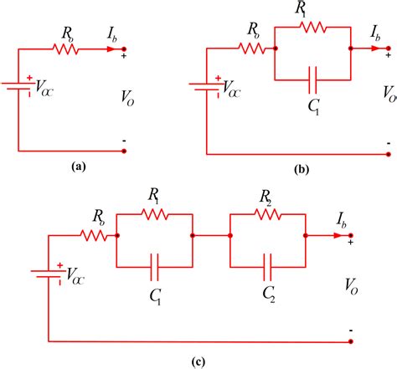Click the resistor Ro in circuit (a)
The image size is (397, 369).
point(65,49)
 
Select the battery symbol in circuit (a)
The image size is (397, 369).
point(17,86)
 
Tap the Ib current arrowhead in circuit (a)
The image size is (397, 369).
point(111,49)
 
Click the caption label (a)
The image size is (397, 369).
point(79,167)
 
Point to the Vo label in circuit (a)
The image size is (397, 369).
point(127,98)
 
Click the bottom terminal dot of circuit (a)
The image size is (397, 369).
point(124,151)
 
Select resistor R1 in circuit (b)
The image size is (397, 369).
point(312,27)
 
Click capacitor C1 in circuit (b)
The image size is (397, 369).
point(312,80)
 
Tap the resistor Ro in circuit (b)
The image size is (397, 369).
point(251,49)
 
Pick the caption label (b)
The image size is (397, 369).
point(302,169)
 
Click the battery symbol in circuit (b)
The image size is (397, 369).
point(204,86)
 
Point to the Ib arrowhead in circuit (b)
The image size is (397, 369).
point(375,49)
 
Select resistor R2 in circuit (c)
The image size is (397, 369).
point(267,214)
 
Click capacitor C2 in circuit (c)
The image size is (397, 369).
point(267,267)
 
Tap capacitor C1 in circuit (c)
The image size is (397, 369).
point(154,267)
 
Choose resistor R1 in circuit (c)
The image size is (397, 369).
point(154,214)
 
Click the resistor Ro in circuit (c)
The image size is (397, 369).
point(94,236)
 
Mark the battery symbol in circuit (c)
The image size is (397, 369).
point(46,274)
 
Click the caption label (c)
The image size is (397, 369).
point(198,361)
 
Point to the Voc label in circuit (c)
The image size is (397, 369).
point(75,277)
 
